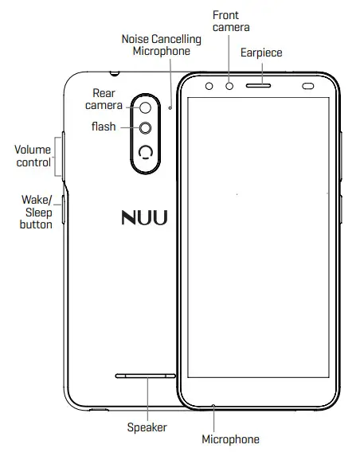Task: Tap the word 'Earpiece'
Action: point(261,53)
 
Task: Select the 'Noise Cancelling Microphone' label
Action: point(156,45)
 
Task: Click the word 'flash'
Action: point(103,127)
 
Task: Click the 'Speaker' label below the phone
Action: point(147,427)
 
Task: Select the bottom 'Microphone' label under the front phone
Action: point(230,439)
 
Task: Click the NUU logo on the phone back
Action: point(144,218)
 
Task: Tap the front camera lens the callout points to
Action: point(229,84)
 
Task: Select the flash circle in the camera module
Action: point(146,128)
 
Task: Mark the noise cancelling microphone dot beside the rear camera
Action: point(170,103)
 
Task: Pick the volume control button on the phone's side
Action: point(61,155)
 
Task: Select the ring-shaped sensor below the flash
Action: point(146,154)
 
